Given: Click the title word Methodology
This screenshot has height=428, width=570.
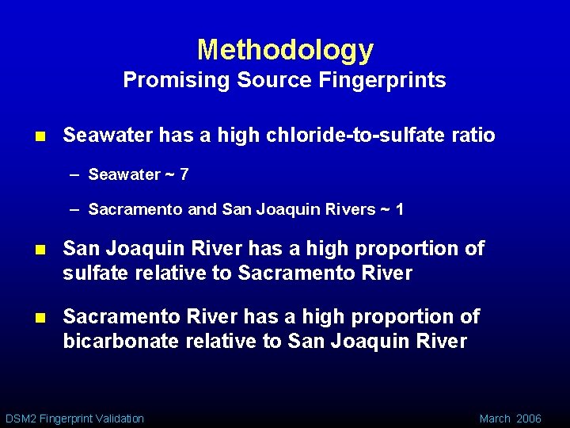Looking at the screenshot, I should point(285,51).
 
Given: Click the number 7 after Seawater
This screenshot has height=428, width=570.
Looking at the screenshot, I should point(184,174).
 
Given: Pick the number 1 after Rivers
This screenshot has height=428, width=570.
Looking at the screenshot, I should point(400,209).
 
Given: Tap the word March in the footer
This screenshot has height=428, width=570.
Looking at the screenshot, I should point(495,418).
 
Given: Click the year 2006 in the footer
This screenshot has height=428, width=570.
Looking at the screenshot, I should point(529,418).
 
